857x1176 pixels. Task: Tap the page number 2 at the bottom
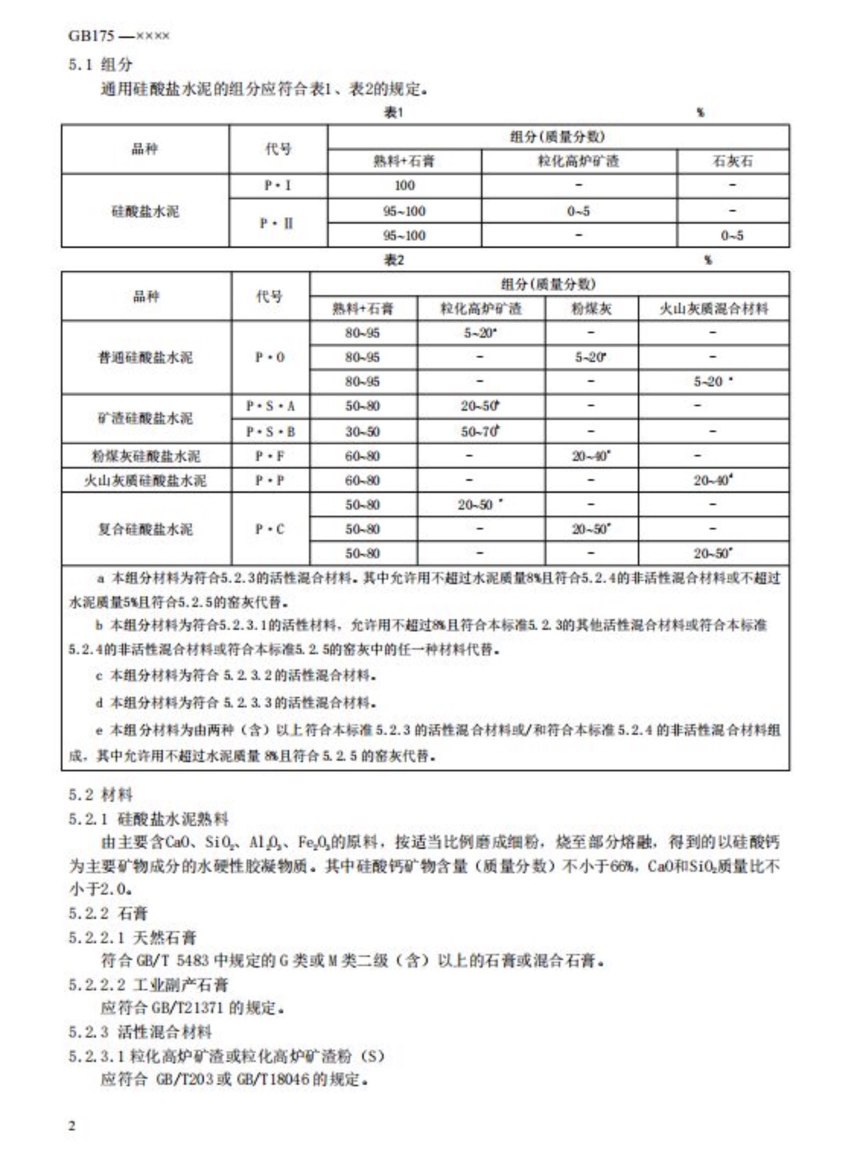coord(72,1126)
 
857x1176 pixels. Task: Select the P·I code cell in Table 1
coord(278,186)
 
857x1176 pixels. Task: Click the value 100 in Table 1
coord(404,186)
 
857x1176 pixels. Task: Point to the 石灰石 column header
coord(732,161)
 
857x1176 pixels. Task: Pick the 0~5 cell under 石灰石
coord(732,236)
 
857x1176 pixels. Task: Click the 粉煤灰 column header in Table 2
coord(591,308)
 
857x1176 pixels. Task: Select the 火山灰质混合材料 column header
coord(713,308)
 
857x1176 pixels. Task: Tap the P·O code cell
coord(270,358)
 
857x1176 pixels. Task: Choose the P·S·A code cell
coord(270,406)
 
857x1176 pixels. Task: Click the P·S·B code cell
coord(270,431)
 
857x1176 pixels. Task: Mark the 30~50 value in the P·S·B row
coord(362,431)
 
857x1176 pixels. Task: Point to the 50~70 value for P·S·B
coord(479,431)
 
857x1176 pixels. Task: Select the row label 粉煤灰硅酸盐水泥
coord(145,456)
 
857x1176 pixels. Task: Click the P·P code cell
coord(270,481)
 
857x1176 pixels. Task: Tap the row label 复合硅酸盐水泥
coord(145,529)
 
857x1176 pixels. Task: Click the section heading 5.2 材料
coord(100,795)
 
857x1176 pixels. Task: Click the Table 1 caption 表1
coord(393,113)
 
